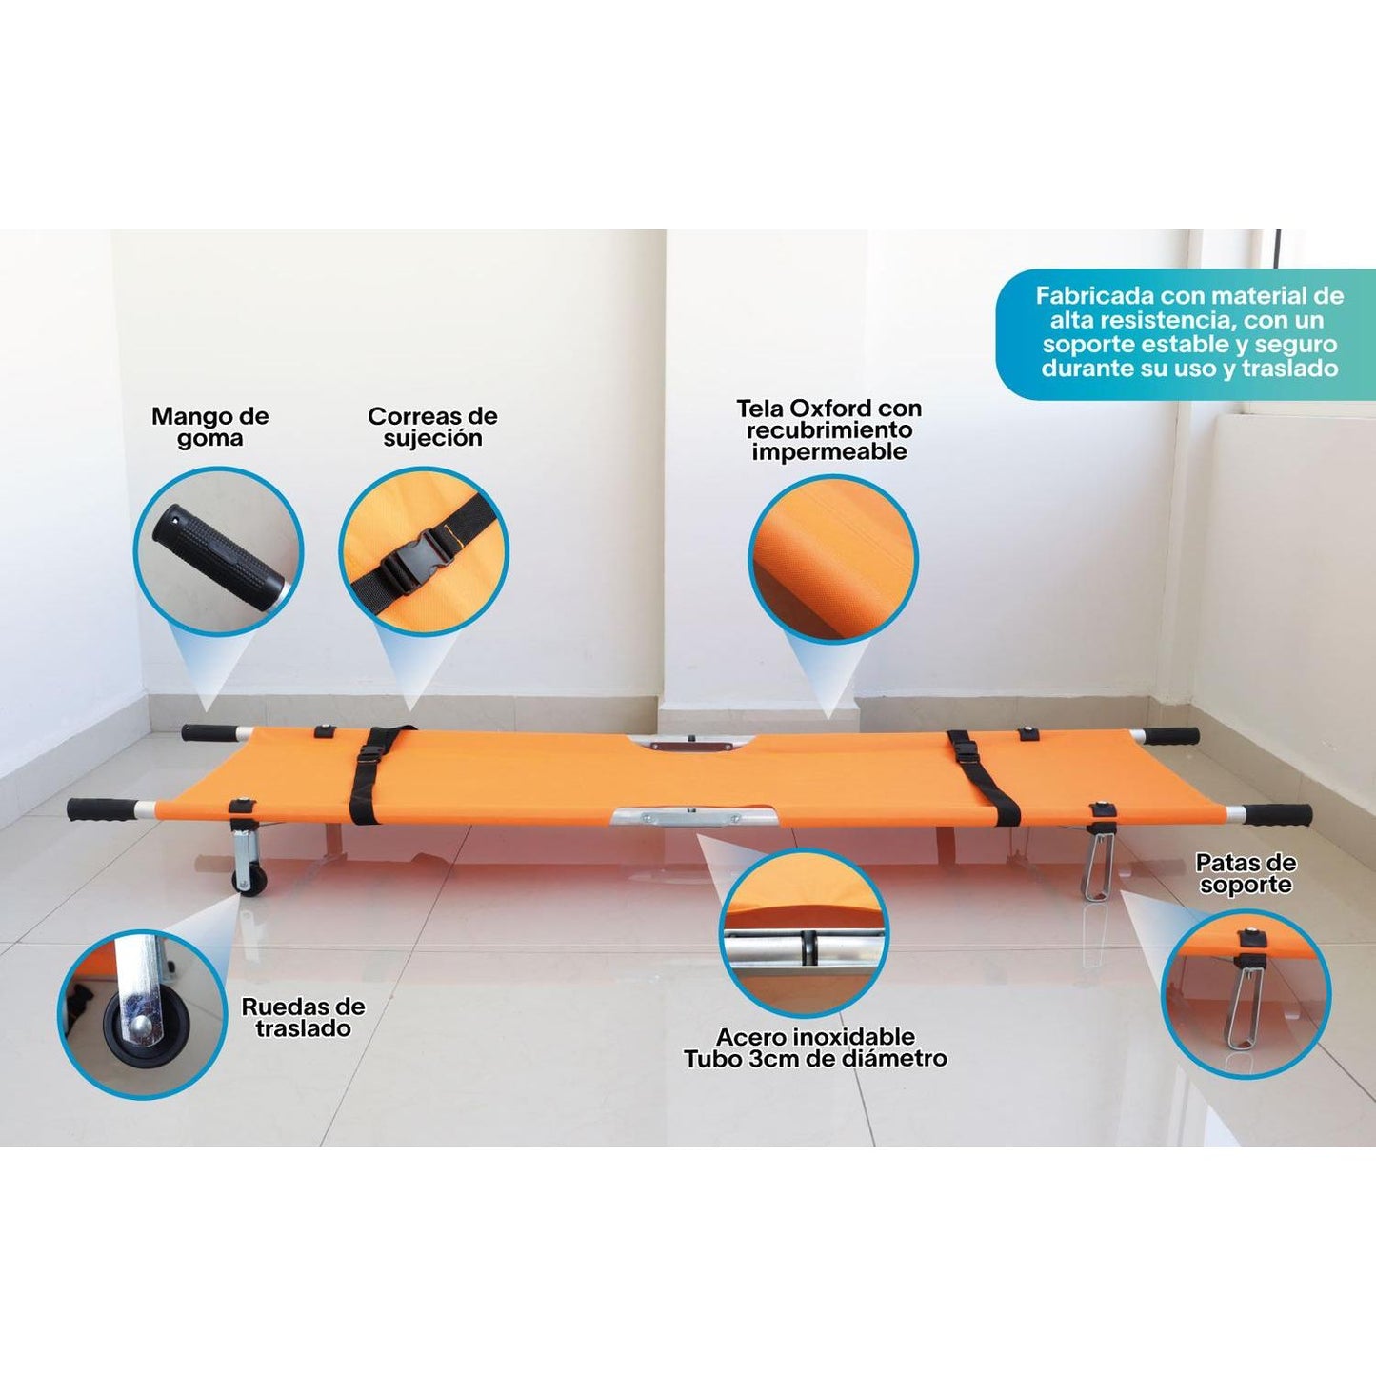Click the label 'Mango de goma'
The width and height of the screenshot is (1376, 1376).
pos(209,427)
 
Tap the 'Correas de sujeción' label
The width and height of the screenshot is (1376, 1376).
pos(432,427)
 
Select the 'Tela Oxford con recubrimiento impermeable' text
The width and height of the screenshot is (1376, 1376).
pos(829,429)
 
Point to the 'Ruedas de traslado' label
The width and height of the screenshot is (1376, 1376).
pos(304,1018)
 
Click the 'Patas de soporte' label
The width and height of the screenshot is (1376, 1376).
pos(1246,873)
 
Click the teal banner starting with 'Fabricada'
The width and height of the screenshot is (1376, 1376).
pos(1187,333)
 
